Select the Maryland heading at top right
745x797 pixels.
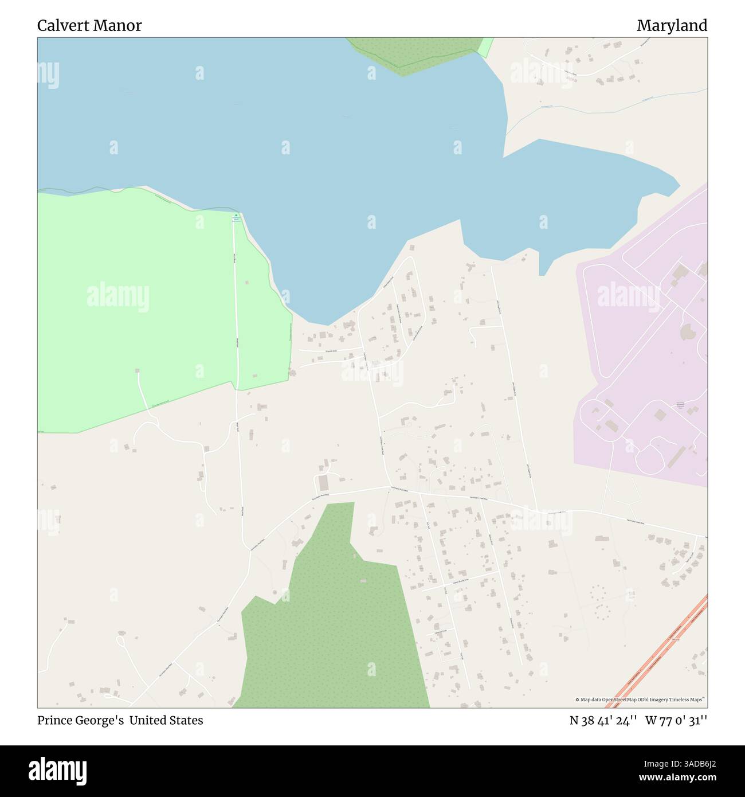[672, 26]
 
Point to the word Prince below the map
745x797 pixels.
[54, 720]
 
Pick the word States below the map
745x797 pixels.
[185, 720]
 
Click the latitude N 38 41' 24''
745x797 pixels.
[603, 720]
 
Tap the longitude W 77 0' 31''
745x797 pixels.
[676, 720]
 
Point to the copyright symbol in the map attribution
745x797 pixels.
[578, 700]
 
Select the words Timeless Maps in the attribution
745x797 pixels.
[689, 700]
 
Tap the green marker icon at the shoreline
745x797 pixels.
[236, 215]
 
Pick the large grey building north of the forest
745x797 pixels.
[323, 482]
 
